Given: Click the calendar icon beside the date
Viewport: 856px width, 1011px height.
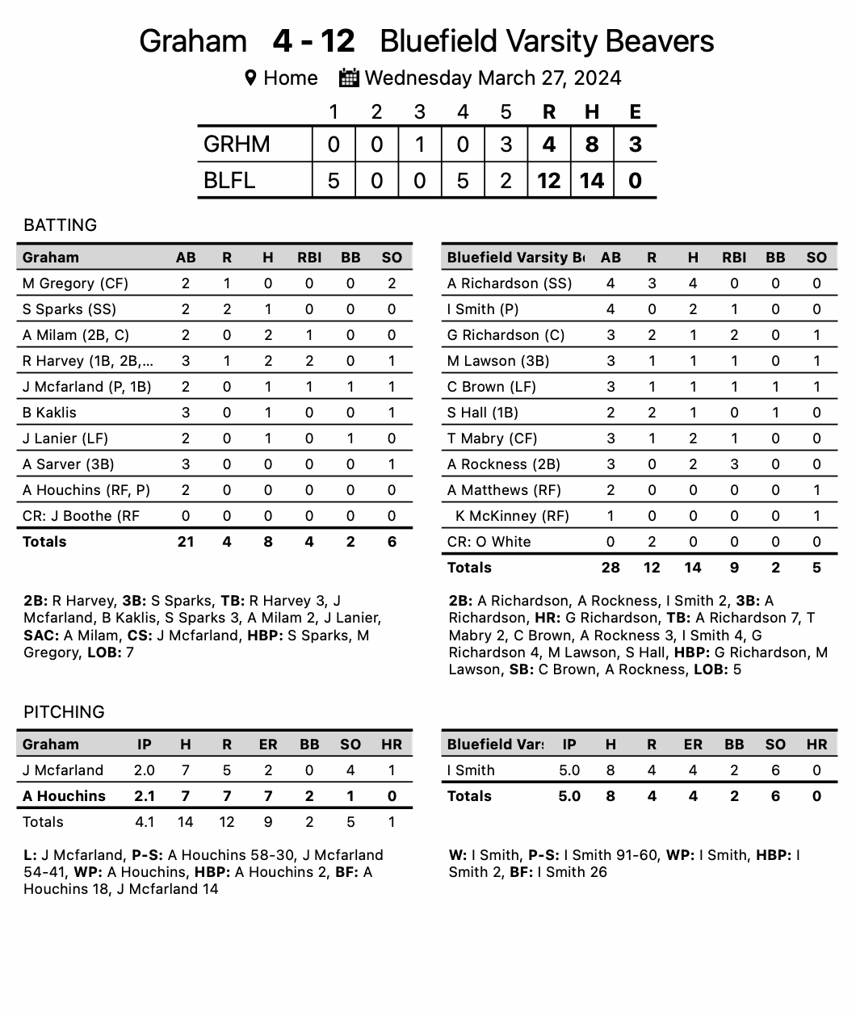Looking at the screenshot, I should click(349, 78).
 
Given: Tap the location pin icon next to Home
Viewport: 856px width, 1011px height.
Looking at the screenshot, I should click(250, 78).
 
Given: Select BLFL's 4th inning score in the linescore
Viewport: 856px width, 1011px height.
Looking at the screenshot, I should click(463, 180).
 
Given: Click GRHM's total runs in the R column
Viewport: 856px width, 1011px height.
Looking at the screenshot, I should click(549, 145).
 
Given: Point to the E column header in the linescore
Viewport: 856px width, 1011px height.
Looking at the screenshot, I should click(635, 111).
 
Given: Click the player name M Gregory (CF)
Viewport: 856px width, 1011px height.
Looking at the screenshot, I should click(75, 283).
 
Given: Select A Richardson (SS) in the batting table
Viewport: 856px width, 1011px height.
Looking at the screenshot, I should click(510, 283).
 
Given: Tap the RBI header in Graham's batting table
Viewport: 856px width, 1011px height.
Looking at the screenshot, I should click(309, 258).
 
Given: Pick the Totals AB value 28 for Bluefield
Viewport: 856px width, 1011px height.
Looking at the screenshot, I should click(611, 568).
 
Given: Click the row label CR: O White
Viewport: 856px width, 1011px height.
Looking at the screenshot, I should click(489, 542).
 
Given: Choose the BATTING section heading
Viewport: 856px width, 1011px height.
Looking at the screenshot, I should click(61, 225).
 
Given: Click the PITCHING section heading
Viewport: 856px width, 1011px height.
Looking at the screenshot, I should click(65, 712).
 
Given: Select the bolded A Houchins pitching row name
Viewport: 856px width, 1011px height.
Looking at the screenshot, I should click(64, 796).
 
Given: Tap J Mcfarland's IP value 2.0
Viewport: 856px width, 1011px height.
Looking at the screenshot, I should click(145, 770).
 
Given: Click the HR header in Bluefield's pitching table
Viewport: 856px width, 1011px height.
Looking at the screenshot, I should click(816, 745).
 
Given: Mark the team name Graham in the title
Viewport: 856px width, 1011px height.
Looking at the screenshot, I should click(192, 41).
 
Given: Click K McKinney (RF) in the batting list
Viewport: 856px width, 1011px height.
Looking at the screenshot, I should click(507, 516).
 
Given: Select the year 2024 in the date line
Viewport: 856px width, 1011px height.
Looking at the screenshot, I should click(598, 78).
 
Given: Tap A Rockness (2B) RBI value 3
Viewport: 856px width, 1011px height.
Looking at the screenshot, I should click(734, 464).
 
